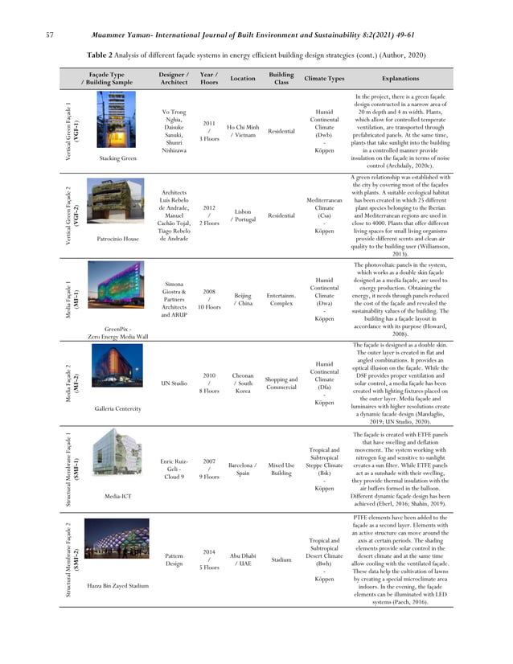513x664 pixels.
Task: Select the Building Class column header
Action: (281, 79)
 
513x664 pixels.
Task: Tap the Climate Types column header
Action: (325, 79)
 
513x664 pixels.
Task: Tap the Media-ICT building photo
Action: (117, 459)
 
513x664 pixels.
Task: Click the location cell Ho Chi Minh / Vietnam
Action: (242, 131)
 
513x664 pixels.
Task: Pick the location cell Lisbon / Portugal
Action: (242, 216)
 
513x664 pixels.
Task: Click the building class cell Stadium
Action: (281, 559)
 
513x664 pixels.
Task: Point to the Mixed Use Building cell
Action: (281, 469)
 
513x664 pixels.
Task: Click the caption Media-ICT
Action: (117, 497)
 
